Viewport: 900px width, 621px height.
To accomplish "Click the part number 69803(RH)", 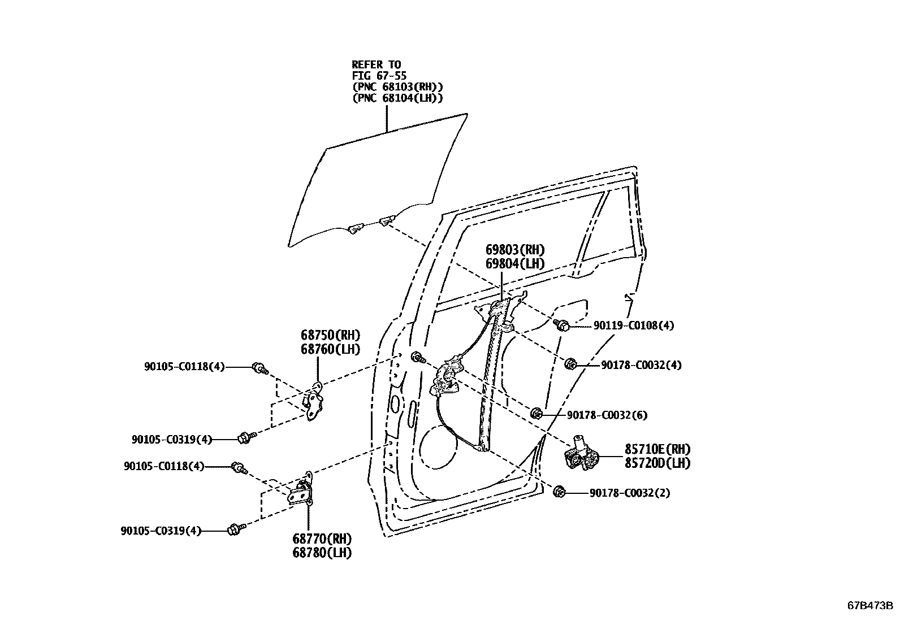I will (515, 250).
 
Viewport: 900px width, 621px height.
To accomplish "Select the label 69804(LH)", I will (515, 263).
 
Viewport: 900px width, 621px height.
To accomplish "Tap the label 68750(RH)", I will (330, 335).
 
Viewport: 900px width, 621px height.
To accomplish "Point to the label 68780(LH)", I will (322, 553).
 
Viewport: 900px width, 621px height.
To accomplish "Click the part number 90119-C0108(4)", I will (633, 325).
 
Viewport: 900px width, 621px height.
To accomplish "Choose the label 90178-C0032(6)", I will (607, 415).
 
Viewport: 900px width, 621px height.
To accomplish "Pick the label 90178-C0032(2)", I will (630, 493).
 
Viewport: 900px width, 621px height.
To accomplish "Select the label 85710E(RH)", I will (657, 450).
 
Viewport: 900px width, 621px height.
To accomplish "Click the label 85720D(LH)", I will (657, 463).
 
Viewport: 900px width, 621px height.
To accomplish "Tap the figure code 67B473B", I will (869, 606).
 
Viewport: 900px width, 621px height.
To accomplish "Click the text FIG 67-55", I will (379, 76).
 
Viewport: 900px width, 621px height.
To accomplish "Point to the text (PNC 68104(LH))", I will (397, 98).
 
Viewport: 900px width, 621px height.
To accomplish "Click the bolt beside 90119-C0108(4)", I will (562, 325).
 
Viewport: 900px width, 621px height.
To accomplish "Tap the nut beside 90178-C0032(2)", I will (559, 492).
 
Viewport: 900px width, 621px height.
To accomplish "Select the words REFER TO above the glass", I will (376, 64).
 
